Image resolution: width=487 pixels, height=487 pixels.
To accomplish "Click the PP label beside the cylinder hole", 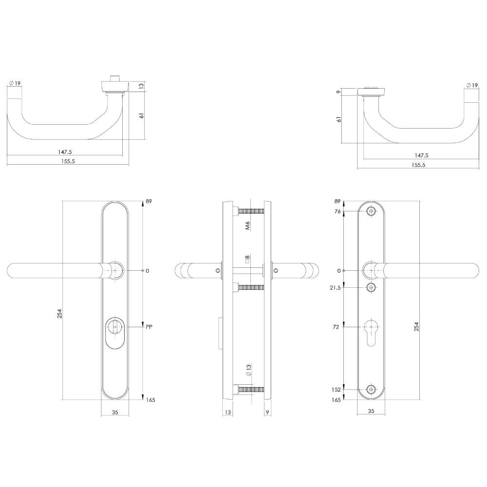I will coord(150,327).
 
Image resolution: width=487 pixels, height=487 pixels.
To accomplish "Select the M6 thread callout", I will coord(247,225).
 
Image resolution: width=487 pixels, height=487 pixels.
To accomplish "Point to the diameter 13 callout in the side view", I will coord(247,370).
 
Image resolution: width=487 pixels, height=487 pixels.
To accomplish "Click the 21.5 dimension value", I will coord(336,288).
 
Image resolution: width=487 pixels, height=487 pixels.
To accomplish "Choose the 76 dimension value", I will coord(337,211).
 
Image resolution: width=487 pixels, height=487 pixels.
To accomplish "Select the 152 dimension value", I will coord(337,390).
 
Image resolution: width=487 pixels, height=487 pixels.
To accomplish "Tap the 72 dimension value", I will coord(336,327).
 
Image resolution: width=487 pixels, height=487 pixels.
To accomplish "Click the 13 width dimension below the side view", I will coord(227,412).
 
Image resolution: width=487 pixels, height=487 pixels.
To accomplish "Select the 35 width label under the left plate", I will coord(115,412).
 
